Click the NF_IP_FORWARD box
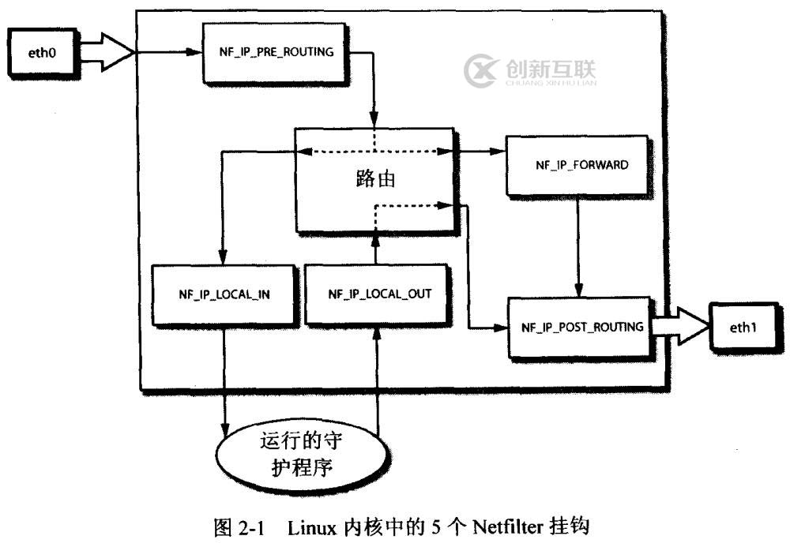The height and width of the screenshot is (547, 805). point(576,166)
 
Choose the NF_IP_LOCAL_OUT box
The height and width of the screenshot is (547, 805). point(378,294)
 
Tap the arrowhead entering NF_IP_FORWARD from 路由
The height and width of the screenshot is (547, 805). point(499,152)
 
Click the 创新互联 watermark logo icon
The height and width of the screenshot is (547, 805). point(480,73)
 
